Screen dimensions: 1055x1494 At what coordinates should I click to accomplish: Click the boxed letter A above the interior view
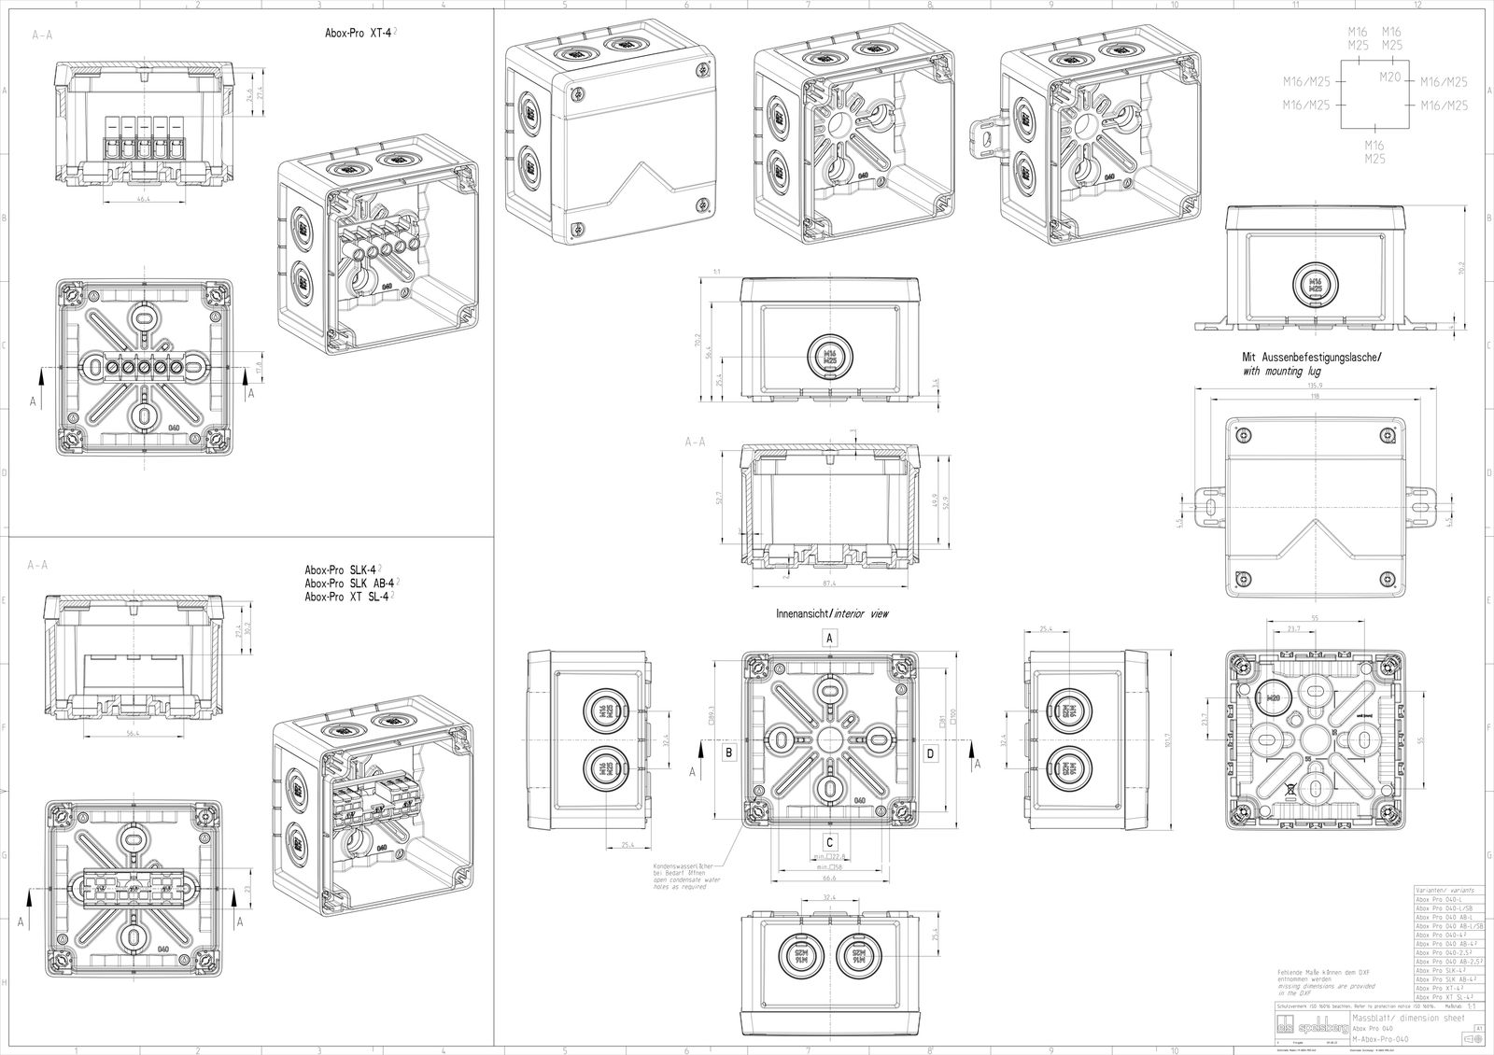[x=828, y=636]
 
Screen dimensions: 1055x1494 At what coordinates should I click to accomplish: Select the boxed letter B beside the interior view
[x=729, y=750]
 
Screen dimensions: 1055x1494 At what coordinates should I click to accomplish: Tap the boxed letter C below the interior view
[x=829, y=838]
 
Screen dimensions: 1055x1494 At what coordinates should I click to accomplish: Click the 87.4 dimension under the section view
[x=829, y=584]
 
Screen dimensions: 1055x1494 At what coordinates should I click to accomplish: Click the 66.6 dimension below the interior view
[x=829, y=877]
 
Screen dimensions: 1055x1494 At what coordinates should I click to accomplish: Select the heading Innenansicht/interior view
[x=834, y=615]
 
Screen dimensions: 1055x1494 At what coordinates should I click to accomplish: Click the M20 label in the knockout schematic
[x=1390, y=77]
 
